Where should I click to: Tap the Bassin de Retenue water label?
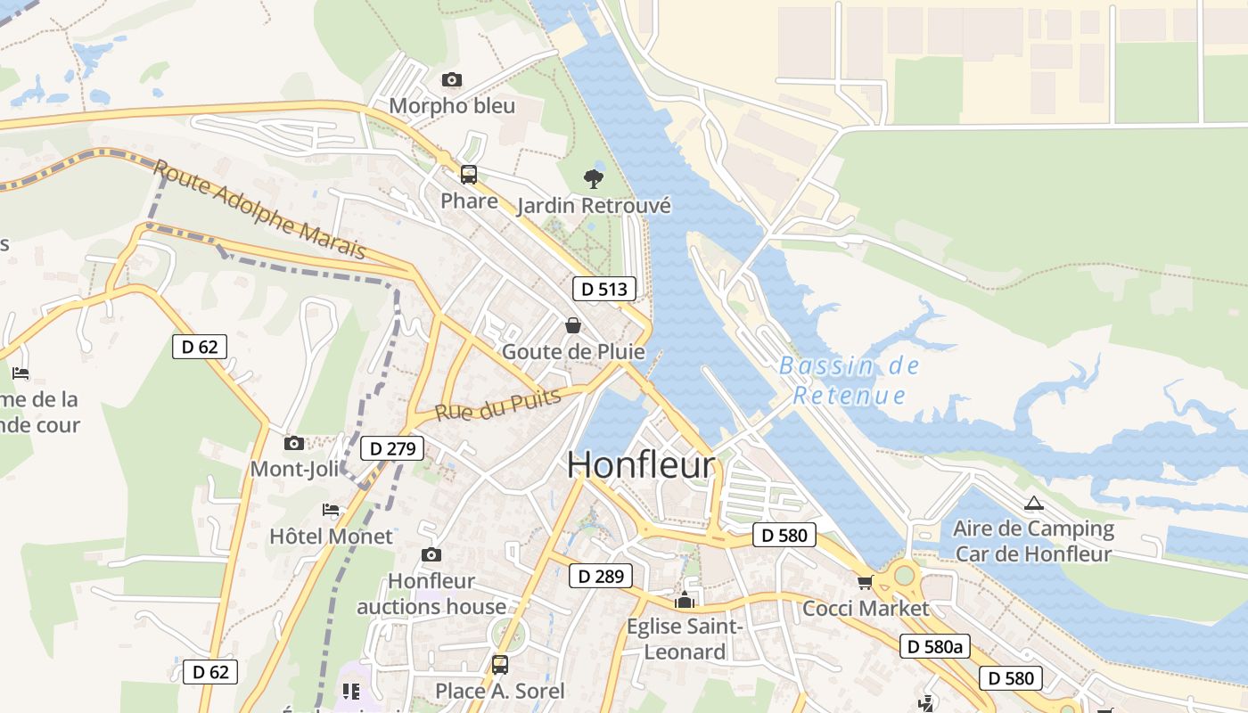pos(849,381)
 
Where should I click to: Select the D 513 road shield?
pos(604,289)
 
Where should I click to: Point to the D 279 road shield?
pos(391,449)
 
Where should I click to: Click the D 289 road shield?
pos(601,576)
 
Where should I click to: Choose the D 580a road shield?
pos(934,646)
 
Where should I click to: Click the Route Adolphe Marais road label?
pos(259,209)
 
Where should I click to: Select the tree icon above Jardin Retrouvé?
pos(593,179)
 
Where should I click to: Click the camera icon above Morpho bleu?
pos(452,80)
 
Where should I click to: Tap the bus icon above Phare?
pos(469,175)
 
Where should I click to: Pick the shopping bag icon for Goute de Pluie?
pos(573,325)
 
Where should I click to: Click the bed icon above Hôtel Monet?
pos(331,510)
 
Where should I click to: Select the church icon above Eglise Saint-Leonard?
pos(685,601)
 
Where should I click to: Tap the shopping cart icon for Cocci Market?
pos(864,583)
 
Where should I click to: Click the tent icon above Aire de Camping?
pos(1033,504)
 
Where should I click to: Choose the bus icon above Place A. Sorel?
pos(500,664)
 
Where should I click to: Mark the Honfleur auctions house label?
pos(431,594)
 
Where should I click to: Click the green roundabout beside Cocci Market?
pos(905,575)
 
